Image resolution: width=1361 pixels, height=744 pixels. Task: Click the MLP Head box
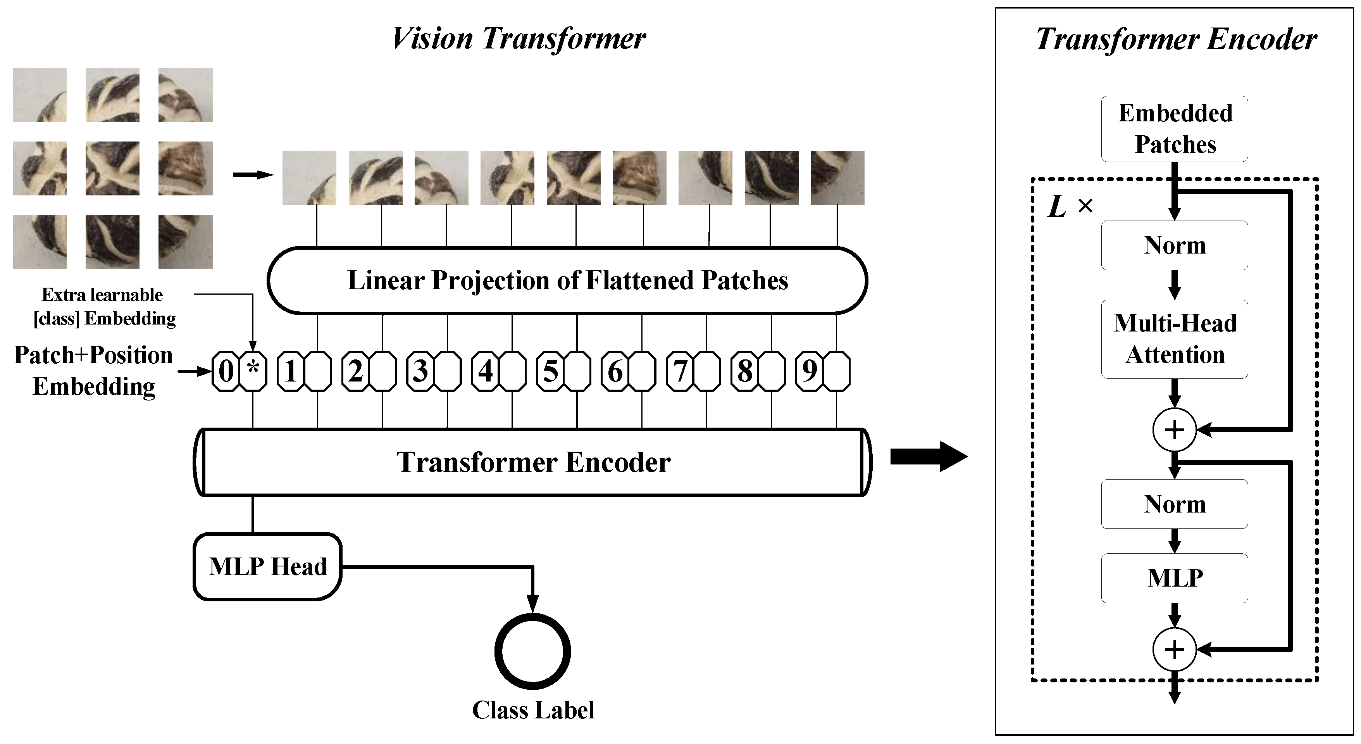(x=267, y=566)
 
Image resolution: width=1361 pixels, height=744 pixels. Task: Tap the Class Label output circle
(x=532, y=651)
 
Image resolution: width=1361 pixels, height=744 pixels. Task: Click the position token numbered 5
(x=551, y=371)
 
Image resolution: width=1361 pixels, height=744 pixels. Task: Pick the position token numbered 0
(x=226, y=371)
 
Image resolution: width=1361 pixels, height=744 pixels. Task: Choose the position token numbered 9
(x=810, y=371)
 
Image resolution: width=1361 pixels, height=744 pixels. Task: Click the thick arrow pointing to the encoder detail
(x=928, y=456)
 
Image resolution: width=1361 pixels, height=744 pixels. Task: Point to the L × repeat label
(x=1069, y=206)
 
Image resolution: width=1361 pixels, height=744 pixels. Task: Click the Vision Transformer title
(x=518, y=38)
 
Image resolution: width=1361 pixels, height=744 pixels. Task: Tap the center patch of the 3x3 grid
(x=112, y=168)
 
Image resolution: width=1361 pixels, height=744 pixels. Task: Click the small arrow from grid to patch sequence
(x=253, y=175)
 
